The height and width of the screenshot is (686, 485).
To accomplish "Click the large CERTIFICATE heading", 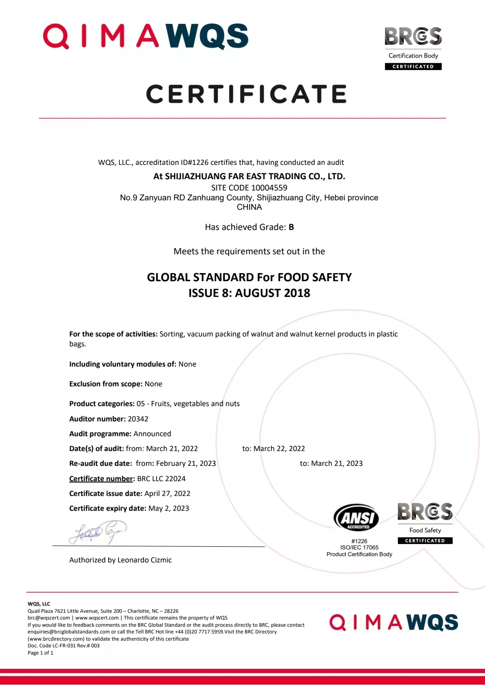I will (x=247, y=94).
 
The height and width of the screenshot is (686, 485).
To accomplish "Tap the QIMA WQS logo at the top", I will (x=145, y=36).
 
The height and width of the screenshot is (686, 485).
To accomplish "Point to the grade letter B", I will (x=291, y=227).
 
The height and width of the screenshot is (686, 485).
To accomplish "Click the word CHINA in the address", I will (x=249, y=207).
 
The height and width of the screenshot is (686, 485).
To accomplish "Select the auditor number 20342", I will (x=138, y=419).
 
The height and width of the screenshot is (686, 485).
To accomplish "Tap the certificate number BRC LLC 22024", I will (x=161, y=479).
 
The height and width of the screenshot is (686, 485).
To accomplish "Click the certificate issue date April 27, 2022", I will (x=167, y=494).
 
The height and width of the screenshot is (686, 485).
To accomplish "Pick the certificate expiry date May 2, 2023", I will (x=168, y=509).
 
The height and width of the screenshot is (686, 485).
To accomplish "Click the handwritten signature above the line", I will (x=98, y=532).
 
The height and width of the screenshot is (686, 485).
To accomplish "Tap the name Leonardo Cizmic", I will (x=145, y=560).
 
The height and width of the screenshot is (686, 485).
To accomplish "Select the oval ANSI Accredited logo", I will (x=357, y=518).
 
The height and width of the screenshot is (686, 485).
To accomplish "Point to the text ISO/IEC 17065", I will (x=359, y=548).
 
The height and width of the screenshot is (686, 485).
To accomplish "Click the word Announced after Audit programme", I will (x=152, y=434).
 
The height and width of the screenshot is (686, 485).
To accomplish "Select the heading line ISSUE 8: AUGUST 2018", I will (x=249, y=293).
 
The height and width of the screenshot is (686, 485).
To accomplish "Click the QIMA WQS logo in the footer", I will (x=393, y=623).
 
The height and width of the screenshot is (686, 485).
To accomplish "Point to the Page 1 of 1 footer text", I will (x=40, y=653).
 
